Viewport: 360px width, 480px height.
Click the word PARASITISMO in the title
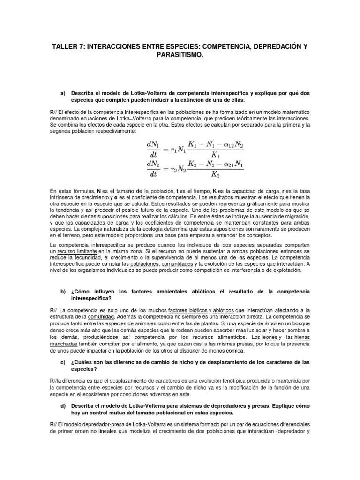pyautogui.click(x=180, y=55)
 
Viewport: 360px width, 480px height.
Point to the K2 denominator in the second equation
pyautogui.click(x=215, y=175)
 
